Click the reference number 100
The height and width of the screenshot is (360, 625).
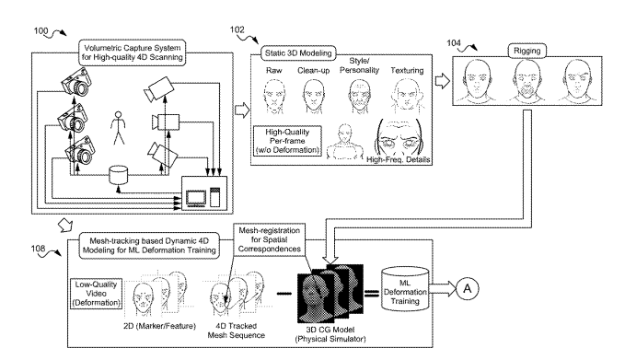(41, 30)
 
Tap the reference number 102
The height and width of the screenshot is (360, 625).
(237, 29)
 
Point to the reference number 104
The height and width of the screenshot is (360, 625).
(454, 42)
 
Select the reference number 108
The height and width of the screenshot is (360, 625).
(39, 249)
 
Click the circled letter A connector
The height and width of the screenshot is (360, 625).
(468, 288)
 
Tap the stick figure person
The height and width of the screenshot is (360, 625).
(118, 128)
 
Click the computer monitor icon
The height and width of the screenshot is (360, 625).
(196, 199)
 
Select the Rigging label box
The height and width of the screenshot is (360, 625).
(527, 51)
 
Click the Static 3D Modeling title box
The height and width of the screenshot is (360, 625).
(298, 53)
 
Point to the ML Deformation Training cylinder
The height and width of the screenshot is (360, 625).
(405, 289)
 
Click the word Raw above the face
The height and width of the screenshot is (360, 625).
(273, 71)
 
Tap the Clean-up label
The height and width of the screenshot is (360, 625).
(314, 71)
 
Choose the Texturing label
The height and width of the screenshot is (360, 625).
(407, 71)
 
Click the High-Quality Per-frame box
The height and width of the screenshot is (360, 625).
(287, 141)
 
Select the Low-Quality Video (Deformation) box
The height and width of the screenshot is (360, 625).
(96, 294)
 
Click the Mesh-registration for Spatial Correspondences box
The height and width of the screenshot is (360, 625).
(270, 239)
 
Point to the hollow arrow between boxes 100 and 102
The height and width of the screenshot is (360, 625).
(242, 110)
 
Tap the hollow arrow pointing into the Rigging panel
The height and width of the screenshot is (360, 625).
(442, 81)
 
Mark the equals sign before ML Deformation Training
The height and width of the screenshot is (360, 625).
(371, 294)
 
